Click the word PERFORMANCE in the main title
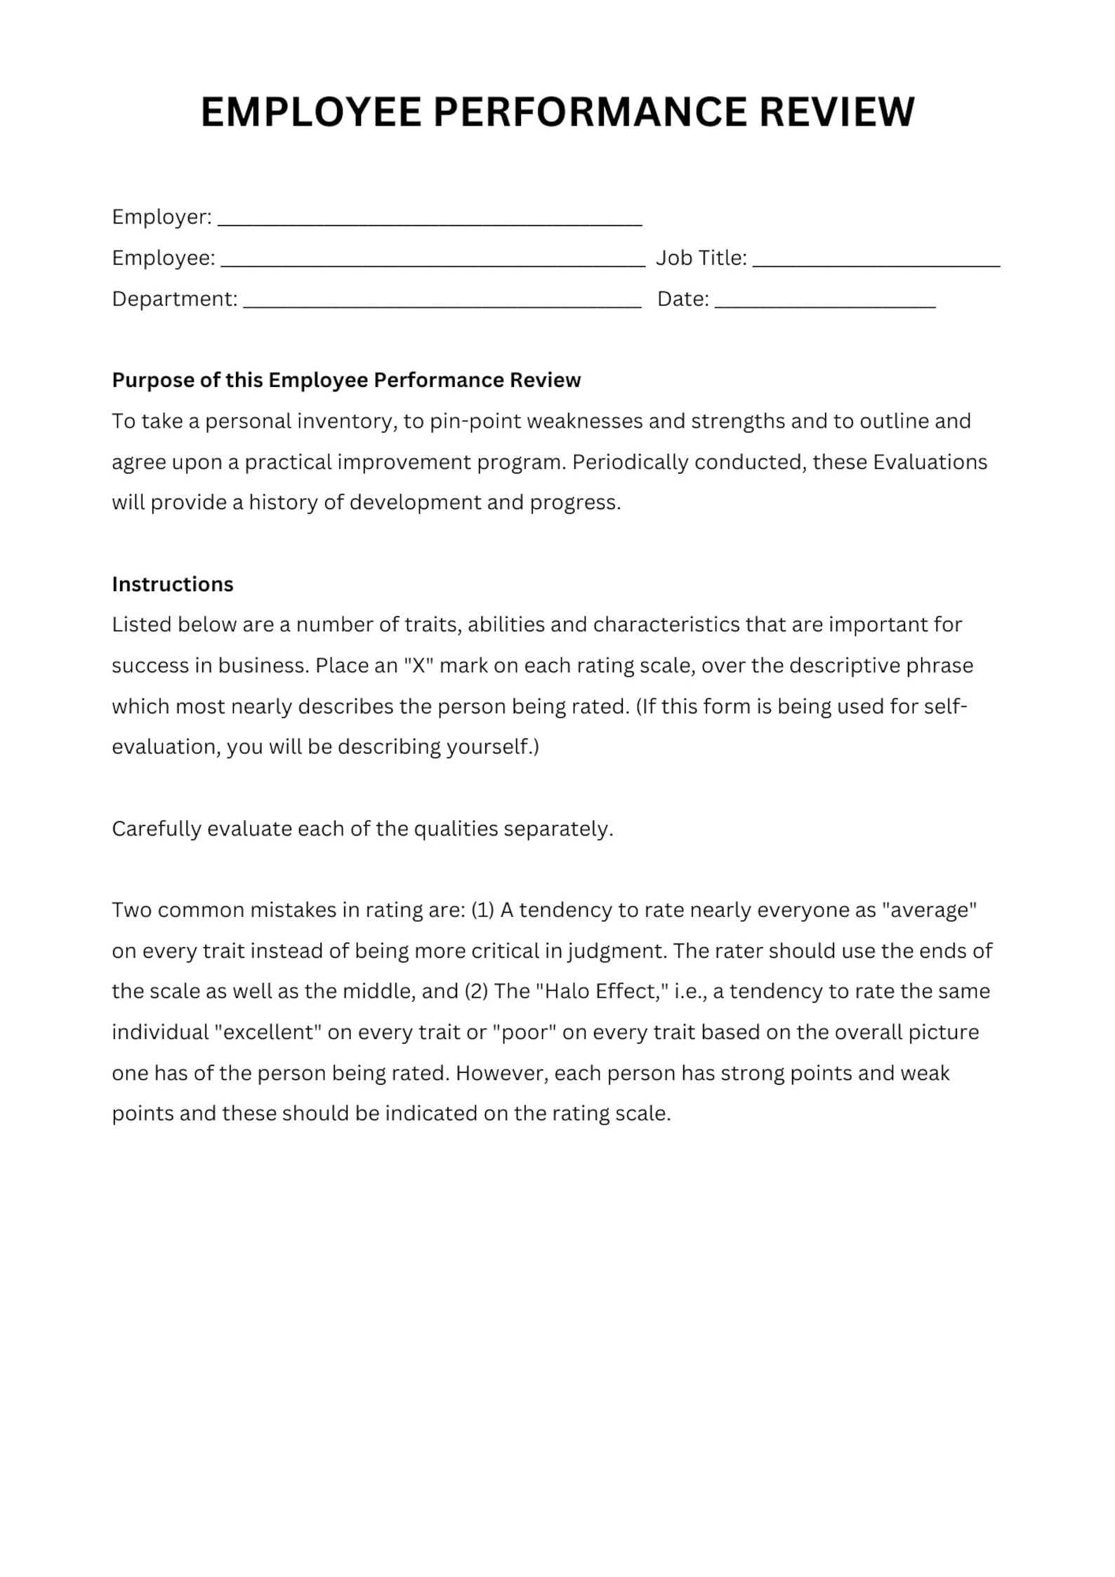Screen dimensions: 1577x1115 590,112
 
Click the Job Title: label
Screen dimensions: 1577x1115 701,258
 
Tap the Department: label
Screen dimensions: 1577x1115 174,299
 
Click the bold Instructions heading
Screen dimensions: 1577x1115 172,584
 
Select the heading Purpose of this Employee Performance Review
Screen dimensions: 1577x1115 346,380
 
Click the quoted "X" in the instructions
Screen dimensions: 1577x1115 418,666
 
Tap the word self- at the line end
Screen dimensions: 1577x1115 945,706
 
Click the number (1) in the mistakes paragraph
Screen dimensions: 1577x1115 482,910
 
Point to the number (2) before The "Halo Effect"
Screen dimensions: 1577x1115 476,991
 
